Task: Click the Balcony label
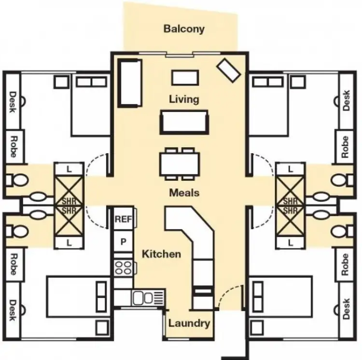click(184, 29)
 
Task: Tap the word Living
click(184, 99)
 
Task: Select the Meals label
click(184, 192)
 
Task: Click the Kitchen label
click(162, 254)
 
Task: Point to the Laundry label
click(189, 323)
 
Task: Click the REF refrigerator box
click(123, 219)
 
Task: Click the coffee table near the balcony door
click(185, 78)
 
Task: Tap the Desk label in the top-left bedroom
click(13, 102)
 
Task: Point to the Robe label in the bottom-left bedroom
click(13, 264)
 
